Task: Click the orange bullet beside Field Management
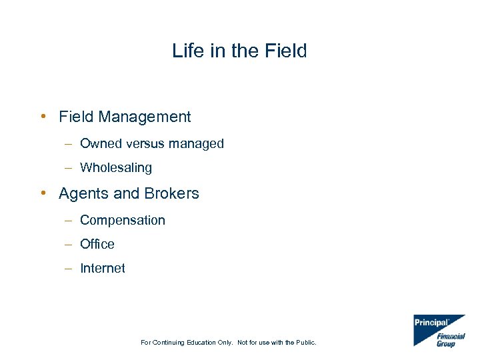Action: click(43, 117)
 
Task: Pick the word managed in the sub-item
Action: click(198, 143)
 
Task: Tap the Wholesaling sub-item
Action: click(116, 168)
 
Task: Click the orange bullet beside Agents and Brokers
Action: click(43, 193)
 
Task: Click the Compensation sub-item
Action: click(123, 220)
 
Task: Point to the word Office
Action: click(97, 244)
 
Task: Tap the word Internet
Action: click(103, 268)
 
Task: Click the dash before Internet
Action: click(69, 268)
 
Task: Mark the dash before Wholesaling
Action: click(69, 168)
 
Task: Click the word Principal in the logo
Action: click(431, 323)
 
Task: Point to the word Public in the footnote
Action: click(304, 343)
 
